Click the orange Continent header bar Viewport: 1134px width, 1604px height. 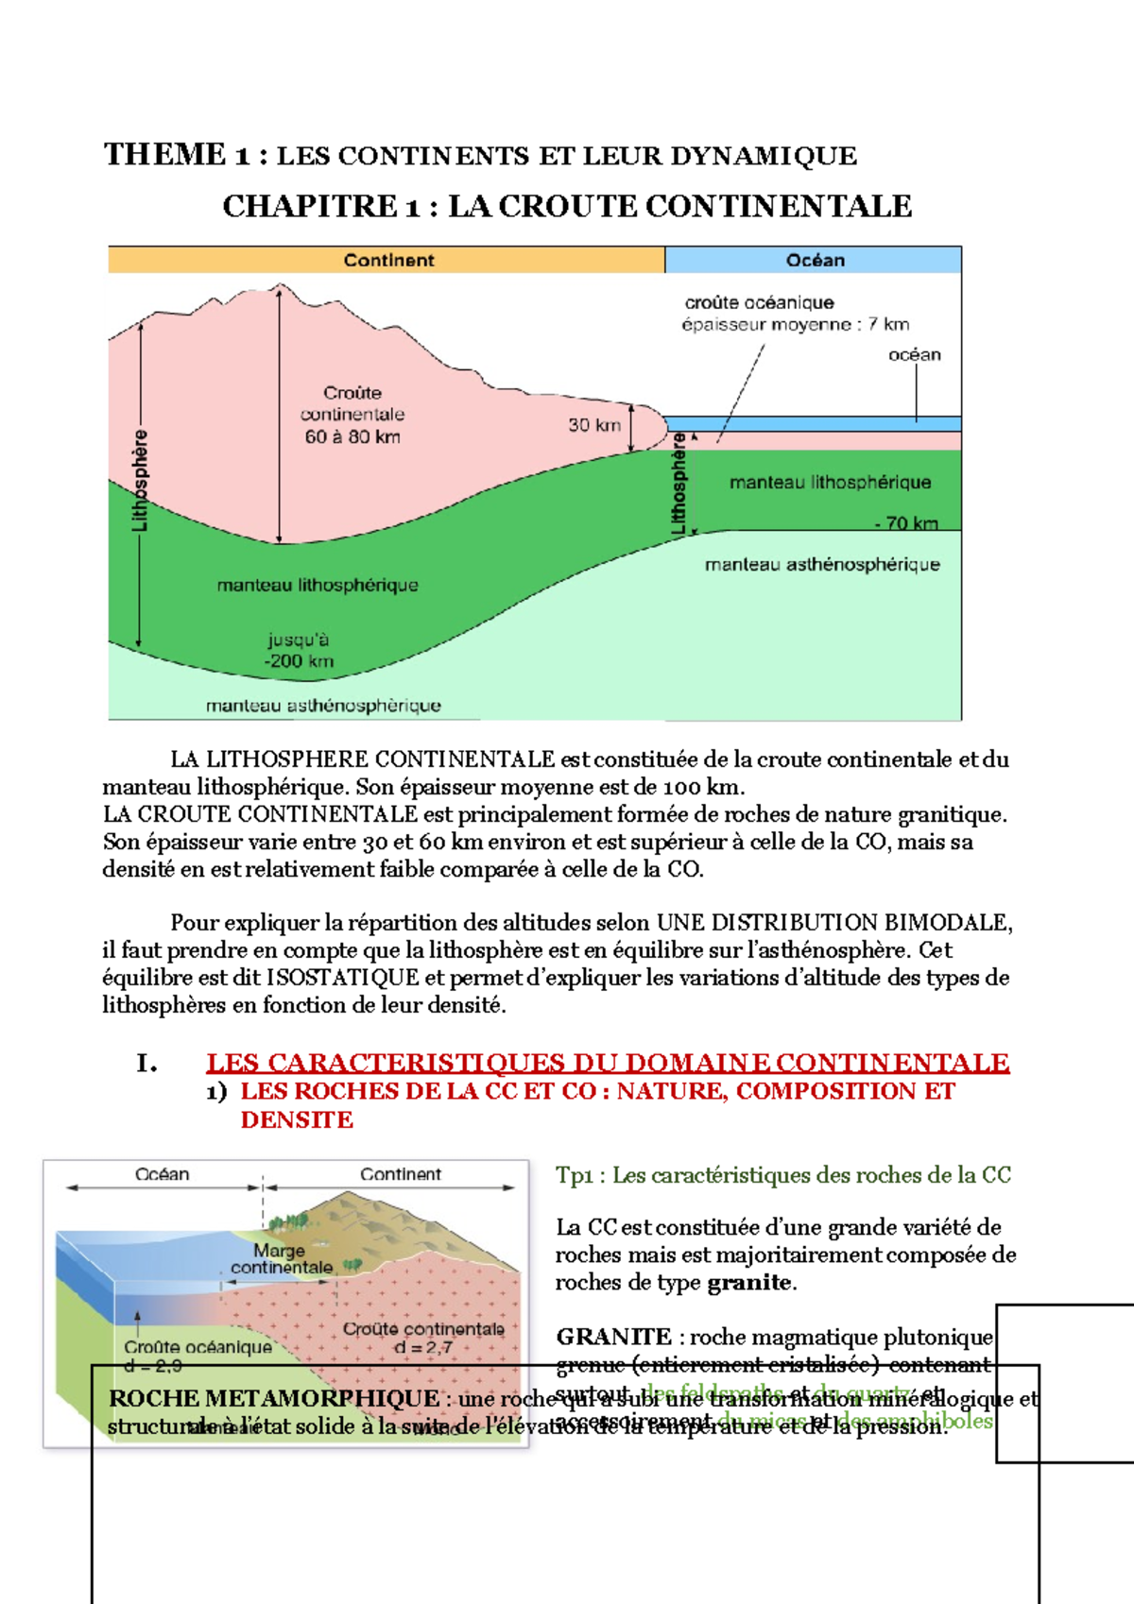click(387, 260)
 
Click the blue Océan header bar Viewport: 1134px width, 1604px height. click(814, 260)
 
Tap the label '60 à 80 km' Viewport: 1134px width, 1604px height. click(352, 436)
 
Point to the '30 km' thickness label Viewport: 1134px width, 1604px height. click(593, 425)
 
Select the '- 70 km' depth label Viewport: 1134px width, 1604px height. click(905, 523)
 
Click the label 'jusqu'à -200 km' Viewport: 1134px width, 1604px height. click(299, 651)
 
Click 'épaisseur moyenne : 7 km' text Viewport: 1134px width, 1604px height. click(795, 325)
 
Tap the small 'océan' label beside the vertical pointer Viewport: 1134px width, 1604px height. click(914, 355)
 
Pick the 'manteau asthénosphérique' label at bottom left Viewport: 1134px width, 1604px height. click(323, 706)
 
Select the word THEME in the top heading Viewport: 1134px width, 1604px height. click(165, 155)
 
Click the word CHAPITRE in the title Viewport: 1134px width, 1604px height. click(310, 206)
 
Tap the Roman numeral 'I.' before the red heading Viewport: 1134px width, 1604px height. click(146, 1064)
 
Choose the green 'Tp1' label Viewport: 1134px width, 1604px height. click(574, 1175)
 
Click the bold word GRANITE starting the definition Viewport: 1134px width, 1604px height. click(613, 1337)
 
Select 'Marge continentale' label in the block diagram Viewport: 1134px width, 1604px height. click(281, 1259)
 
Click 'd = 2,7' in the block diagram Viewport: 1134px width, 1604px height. click(423, 1348)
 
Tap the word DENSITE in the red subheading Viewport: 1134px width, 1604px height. click(297, 1120)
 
